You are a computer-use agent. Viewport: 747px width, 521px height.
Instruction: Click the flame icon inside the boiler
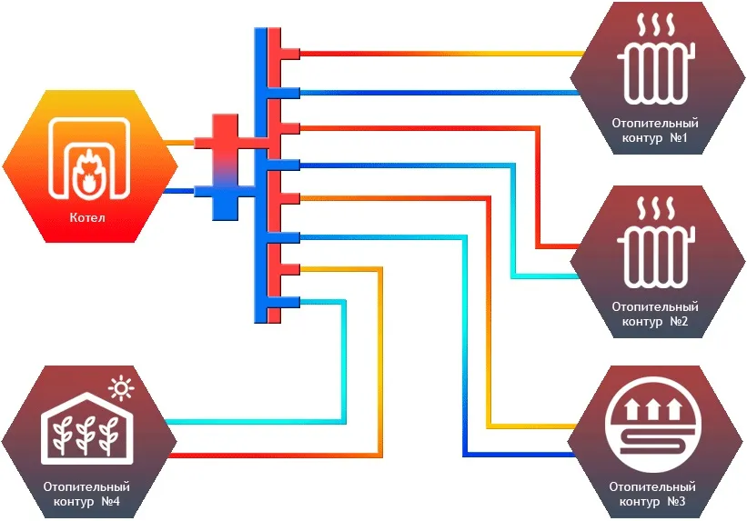[x=88, y=175]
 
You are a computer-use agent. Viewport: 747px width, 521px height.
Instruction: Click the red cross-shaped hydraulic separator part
[x=227, y=141]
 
